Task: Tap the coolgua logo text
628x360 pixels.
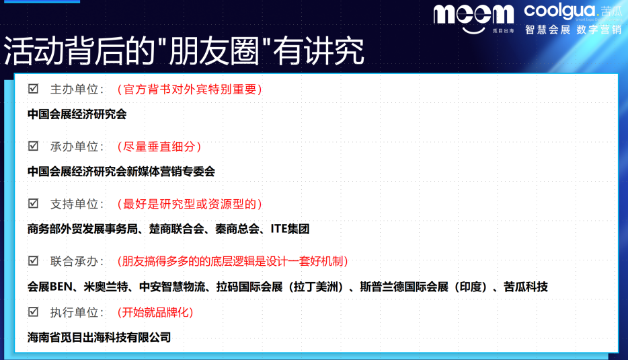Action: point(559,11)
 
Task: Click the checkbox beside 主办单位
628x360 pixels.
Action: point(33,89)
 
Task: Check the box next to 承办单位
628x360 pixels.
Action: point(33,146)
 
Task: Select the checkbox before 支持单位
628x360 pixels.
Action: point(33,203)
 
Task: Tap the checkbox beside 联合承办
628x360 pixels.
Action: point(33,260)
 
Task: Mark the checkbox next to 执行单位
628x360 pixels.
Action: point(33,312)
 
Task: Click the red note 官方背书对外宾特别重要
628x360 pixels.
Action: point(189,89)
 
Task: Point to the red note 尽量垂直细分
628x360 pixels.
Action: point(159,146)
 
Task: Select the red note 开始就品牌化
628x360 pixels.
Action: point(155,312)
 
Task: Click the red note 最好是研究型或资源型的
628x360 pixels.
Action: point(189,203)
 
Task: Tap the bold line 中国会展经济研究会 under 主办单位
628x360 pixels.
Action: point(77,114)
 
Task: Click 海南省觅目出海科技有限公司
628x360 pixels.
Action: point(99,337)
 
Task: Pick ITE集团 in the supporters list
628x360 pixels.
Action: point(290,229)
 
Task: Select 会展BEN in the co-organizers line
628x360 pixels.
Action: point(49,287)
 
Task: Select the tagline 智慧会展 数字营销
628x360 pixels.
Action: point(573,30)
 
